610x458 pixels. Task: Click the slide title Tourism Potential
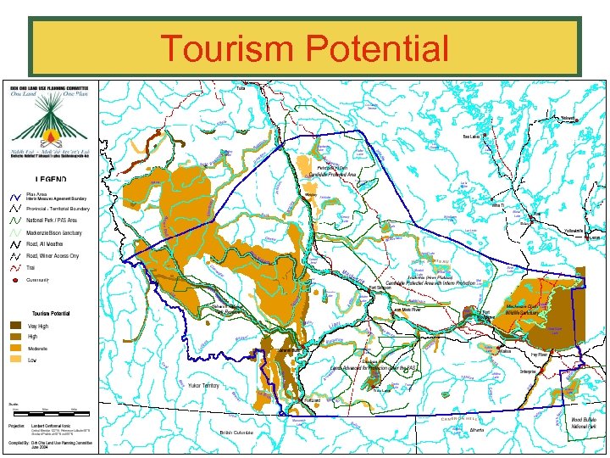pos(304,49)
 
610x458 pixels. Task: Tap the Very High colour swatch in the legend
pos(16,326)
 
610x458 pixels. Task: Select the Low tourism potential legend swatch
pos(16,360)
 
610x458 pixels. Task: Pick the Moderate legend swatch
pos(16,349)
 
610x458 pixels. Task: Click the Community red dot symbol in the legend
pos(15,279)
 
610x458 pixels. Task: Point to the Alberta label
pos(478,430)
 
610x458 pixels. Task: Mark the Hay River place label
pos(540,355)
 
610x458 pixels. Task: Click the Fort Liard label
pos(313,399)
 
